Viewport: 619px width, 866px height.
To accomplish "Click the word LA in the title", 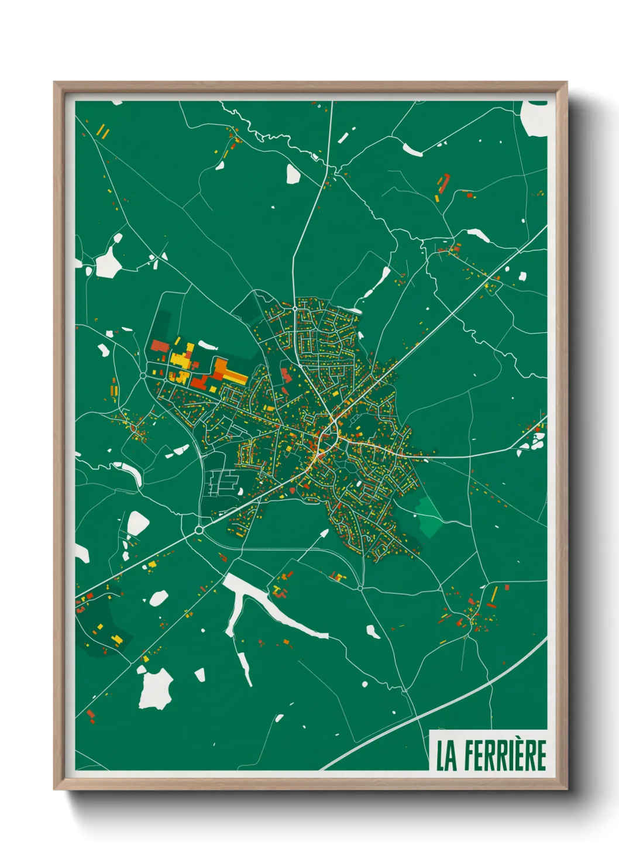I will tap(446, 755).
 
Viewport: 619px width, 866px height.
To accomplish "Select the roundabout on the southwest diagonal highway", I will tap(199, 530).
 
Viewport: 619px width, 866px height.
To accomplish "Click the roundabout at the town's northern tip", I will tap(295, 308).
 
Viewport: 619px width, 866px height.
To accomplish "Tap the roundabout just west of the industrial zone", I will tap(143, 375).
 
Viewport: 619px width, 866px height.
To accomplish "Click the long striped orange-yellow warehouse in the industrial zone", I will tap(229, 372).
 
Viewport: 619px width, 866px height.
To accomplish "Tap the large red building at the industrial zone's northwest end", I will tap(160, 346).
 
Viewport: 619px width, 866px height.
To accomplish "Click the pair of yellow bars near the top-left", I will tap(102, 131).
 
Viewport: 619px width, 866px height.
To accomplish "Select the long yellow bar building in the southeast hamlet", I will tap(494, 594).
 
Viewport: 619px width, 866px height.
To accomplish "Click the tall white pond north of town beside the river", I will tap(293, 174).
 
